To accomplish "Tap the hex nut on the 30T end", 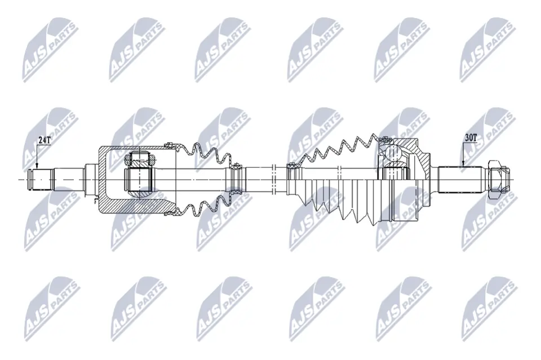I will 496,176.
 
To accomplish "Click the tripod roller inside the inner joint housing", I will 138,175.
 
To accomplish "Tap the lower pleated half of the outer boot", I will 338,200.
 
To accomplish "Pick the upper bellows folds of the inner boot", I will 206,155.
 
